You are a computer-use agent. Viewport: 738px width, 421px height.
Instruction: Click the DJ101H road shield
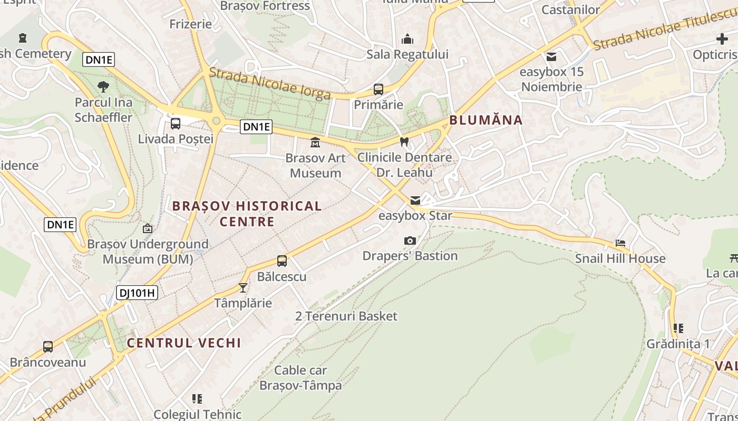137,293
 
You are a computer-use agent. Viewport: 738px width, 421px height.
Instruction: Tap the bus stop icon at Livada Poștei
176,124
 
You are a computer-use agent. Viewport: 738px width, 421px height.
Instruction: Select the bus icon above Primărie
378,89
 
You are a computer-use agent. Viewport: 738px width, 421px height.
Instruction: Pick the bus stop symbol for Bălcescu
282,261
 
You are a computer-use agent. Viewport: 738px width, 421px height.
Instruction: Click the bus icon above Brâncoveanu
48,347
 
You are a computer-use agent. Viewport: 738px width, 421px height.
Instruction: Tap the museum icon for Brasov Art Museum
315,142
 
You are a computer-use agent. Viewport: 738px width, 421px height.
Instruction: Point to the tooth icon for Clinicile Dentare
404,142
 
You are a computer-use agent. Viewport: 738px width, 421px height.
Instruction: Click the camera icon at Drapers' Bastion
410,240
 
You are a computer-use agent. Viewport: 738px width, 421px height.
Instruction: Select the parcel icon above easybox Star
415,201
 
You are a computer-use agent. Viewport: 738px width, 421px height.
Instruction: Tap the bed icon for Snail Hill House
620,243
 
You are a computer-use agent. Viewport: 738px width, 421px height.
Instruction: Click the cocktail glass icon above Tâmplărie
243,287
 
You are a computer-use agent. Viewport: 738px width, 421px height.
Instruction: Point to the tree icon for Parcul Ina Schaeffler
103,86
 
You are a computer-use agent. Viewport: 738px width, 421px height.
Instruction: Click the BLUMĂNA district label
486,120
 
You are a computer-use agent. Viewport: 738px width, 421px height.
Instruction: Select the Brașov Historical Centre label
247,213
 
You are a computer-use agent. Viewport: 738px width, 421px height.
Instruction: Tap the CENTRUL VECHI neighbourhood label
184,343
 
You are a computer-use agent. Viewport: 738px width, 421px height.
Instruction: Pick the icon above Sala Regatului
407,39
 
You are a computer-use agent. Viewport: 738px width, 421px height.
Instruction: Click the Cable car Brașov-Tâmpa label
300,378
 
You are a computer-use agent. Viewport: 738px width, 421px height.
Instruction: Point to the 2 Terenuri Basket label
346,316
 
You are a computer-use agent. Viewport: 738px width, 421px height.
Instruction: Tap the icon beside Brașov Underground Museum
148,228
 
